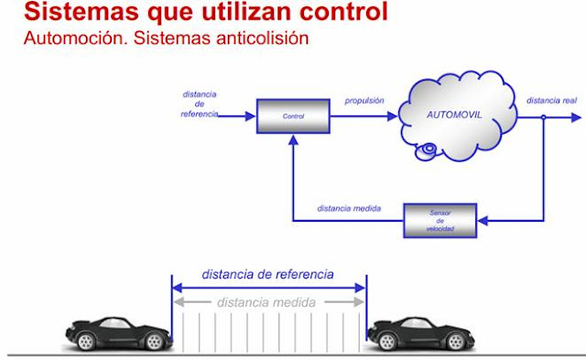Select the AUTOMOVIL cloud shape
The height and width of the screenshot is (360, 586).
pos(456,117)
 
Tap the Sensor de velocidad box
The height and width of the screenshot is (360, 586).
pos(440,220)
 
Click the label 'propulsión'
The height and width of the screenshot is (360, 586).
pos(364,98)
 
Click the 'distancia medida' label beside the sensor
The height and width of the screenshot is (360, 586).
pos(348,209)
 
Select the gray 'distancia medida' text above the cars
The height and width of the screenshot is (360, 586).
pos(267,302)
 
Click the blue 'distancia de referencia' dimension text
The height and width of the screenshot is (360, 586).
pos(267,274)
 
